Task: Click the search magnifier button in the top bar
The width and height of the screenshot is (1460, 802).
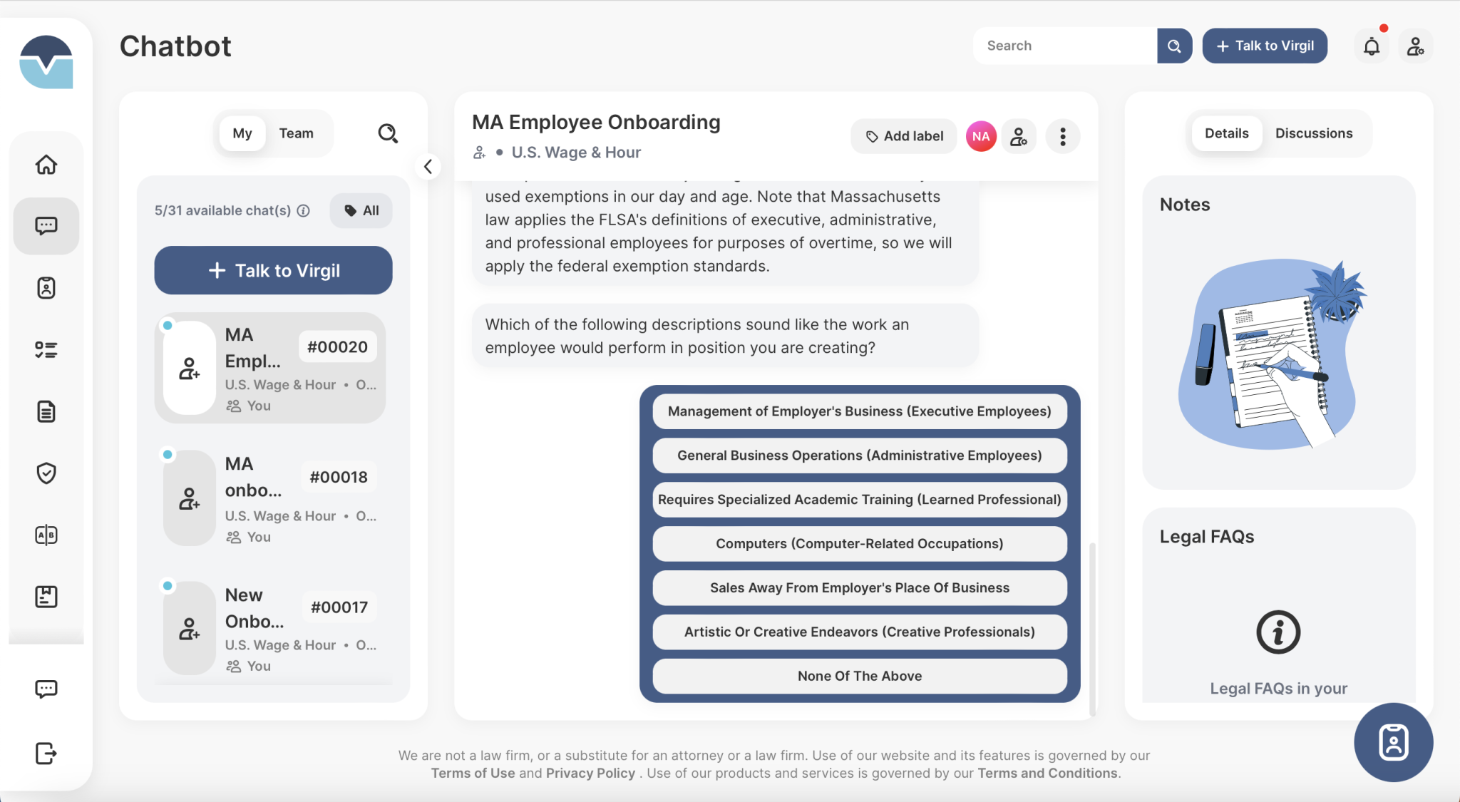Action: coord(1174,46)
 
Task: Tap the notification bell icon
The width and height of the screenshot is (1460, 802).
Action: coord(1371,47)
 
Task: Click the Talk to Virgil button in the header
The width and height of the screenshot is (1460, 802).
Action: coord(1265,46)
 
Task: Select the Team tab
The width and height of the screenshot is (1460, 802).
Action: coord(296,133)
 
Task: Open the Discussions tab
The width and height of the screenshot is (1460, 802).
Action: coord(1313,133)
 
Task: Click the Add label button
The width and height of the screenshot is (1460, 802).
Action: coord(904,136)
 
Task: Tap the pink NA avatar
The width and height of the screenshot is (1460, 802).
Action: coord(981,136)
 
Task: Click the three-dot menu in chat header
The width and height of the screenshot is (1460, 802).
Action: coord(1062,136)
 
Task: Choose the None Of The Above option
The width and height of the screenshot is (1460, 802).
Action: coord(859,676)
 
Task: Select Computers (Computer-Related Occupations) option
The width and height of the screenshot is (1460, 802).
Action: coord(859,544)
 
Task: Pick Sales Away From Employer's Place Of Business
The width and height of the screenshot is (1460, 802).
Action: coord(859,588)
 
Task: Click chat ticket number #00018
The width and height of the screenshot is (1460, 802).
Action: coord(339,477)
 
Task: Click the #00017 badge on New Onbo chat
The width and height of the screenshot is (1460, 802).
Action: coord(339,607)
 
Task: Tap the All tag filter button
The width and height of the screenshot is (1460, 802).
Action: coord(361,211)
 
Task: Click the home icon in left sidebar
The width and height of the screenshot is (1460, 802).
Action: coord(46,165)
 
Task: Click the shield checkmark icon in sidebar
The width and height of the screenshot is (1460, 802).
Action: coord(46,473)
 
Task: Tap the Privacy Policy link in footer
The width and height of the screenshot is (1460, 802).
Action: coord(590,773)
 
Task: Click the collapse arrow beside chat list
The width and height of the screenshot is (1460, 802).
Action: coord(428,167)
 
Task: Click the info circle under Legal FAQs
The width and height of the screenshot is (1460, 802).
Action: coord(1277,632)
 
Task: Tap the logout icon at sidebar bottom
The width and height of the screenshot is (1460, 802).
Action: coord(46,753)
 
